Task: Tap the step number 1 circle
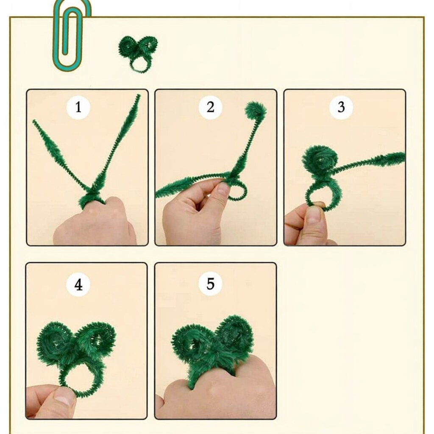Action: click(78, 107)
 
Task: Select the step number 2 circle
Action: click(210, 107)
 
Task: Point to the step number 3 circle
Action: click(341, 107)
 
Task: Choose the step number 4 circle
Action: click(78, 284)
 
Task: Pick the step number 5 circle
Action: click(210, 284)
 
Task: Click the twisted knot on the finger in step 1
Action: click(92, 197)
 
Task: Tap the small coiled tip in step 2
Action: click(256, 111)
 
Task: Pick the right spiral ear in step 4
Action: click(97, 338)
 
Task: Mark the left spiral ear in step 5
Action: click(192, 343)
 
